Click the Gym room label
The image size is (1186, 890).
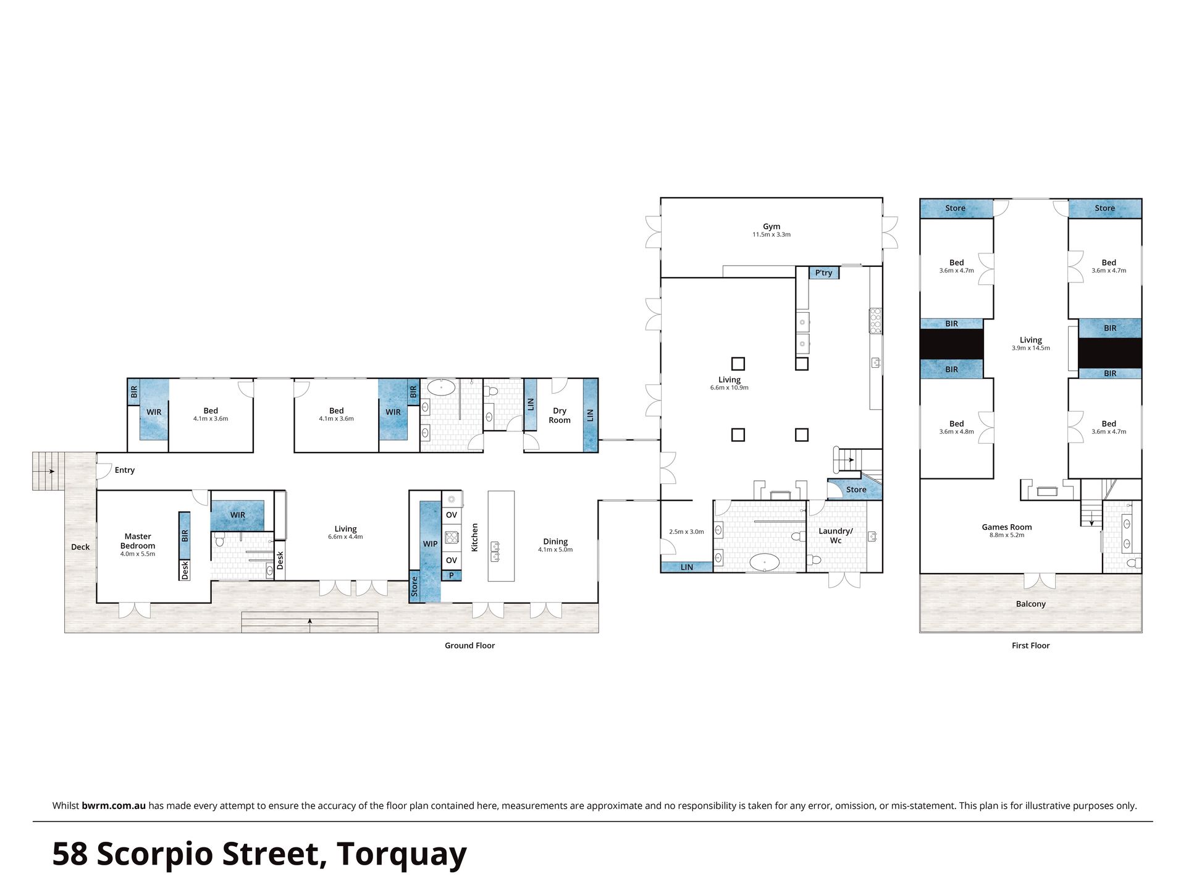click(x=772, y=227)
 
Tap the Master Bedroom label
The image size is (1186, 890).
click(x=138, y=541)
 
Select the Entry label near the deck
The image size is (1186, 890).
click(x=125, y=470)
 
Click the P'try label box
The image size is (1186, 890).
click(x=824, y=273)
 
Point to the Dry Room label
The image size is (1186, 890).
click(x=560, y=415)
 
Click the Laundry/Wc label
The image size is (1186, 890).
click(x=836, y=536)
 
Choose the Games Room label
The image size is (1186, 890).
click(x=1007, y=527)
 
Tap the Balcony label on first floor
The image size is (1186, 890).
click(x=1031, y=604)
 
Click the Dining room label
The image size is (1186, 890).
click(x=555, y=541)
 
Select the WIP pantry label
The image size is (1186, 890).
click(x=431, y=544)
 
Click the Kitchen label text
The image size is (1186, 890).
click(x=474, y=537)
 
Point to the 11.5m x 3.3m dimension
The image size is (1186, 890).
click(x=772, y=235)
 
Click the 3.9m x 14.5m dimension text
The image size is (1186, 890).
click(x=1031, y=348)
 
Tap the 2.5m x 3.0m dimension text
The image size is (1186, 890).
click(x=686, y=532)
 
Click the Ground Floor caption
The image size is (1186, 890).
click(x=470, y=645)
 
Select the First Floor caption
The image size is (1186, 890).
click(x=1031, y=645)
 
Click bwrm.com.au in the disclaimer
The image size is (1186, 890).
click(x=114, y=805)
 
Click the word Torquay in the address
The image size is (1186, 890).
click(x=402, y=855)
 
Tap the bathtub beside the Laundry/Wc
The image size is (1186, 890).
click(x=765, y=562)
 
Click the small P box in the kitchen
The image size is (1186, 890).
click(x=452, y=575)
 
